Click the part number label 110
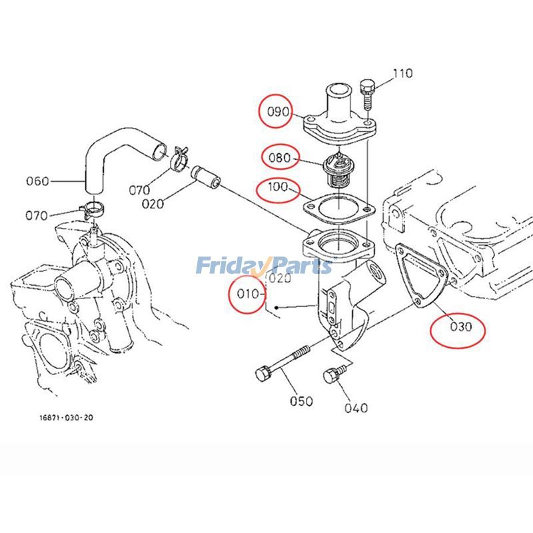pyautogui.click(x=402, y=73)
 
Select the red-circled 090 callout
pyautogui.click(x=278, y=111)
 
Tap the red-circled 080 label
pyautogui.click(x=279, y=158)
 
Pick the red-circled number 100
pyautogui.click(x=278, y=189)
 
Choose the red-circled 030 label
pyautogui.click(x=458, y=327)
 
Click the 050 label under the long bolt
pyautogui.click(x=300, y=400)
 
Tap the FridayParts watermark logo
pyautogui.click(x=264, y=266)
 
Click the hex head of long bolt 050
pyautogui.click(x=261, y=374)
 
